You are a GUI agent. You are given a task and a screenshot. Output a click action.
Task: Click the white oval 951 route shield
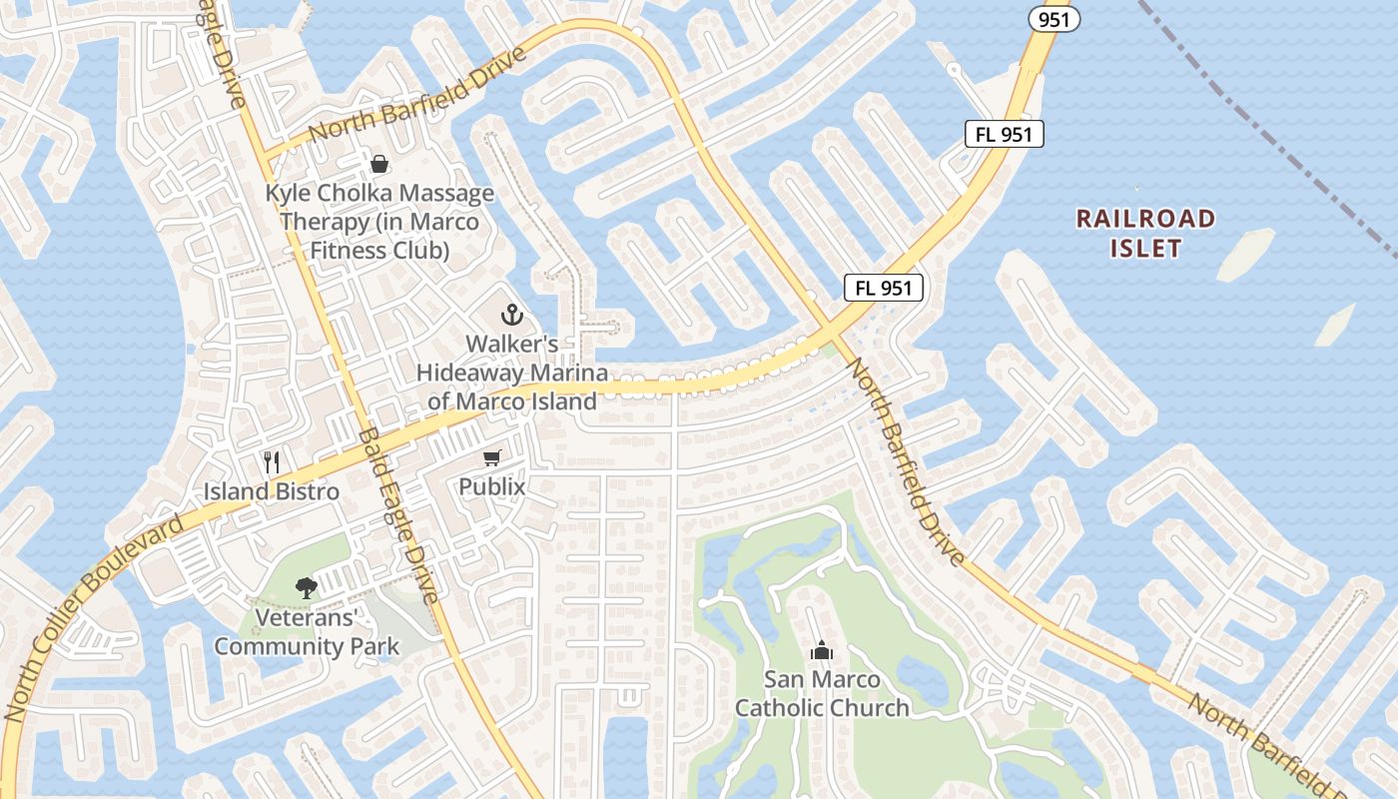1055,18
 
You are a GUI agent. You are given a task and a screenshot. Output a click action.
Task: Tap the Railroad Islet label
1145,233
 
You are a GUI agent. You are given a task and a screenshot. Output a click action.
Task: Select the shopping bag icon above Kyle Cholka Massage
379,163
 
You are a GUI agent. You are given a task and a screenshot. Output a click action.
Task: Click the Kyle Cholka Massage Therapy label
379,222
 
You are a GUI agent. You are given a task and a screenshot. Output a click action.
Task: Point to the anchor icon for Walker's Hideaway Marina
511,316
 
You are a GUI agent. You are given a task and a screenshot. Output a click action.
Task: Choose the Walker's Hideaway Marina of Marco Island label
512,373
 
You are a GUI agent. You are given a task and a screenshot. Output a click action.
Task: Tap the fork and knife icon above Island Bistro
272,461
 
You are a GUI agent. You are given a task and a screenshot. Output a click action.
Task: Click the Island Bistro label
272,491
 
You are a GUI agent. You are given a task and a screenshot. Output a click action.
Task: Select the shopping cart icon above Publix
491,457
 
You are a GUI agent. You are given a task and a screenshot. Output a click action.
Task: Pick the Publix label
491,486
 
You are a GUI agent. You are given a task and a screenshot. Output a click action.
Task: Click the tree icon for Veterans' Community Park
307,588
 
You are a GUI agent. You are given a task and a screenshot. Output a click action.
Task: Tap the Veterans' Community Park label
307,632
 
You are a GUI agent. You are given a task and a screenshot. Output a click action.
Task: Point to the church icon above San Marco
822,651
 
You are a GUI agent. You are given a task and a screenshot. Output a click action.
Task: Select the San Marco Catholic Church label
822,694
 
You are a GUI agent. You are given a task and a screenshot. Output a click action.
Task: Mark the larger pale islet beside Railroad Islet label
1245,254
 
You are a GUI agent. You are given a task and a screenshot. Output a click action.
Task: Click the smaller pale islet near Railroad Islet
1335,326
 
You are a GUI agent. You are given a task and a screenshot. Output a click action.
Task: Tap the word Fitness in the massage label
346,250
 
